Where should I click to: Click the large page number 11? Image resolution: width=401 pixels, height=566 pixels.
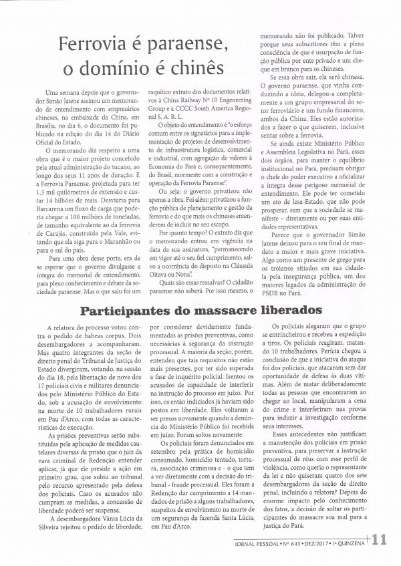tap(382, 539)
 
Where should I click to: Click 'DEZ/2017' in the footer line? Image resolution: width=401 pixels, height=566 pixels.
tap(336, 543)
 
